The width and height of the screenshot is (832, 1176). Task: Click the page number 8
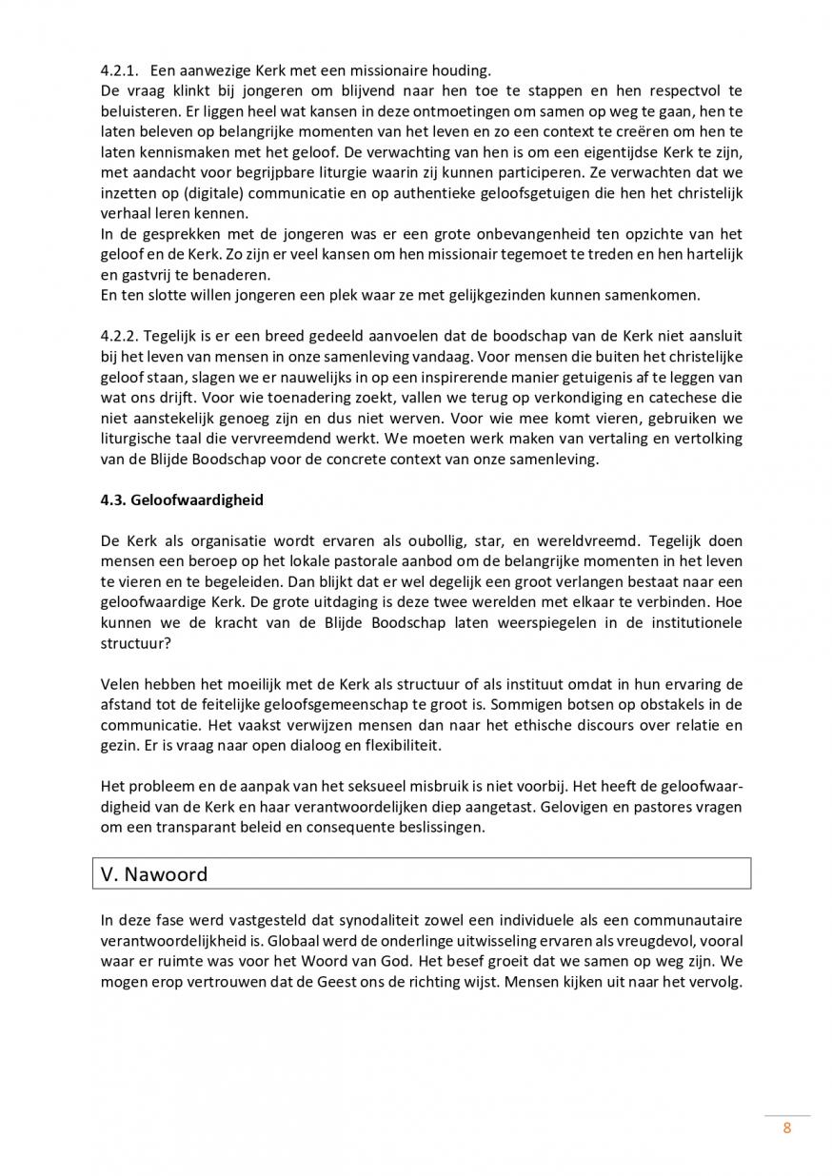(x=786, y=1129)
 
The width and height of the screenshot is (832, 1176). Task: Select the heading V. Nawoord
(x=154, y=873)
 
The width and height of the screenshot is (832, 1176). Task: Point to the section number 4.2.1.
(x=120, y=70)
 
